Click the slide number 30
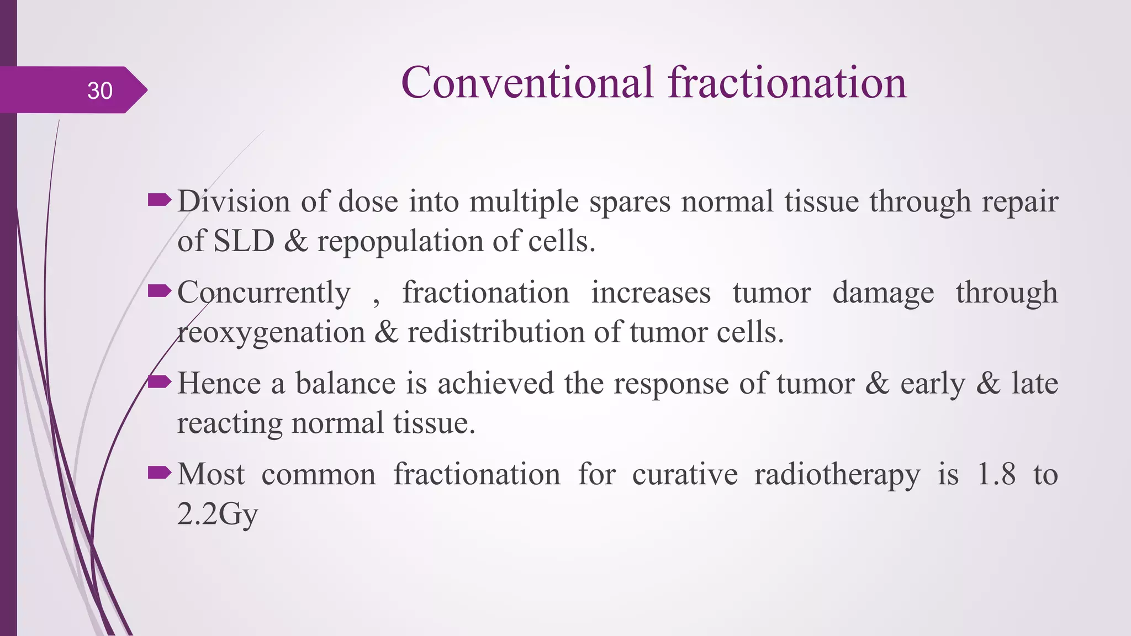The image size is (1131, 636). coord(100,91)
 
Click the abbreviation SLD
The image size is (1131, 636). coord(244,241)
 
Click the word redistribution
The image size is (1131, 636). coord(495,332)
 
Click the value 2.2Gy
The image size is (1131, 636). coord(218,515)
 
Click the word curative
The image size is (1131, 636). coord(685,474)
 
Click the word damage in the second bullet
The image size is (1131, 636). coord(883,293)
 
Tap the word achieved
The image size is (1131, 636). coord(495,383)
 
